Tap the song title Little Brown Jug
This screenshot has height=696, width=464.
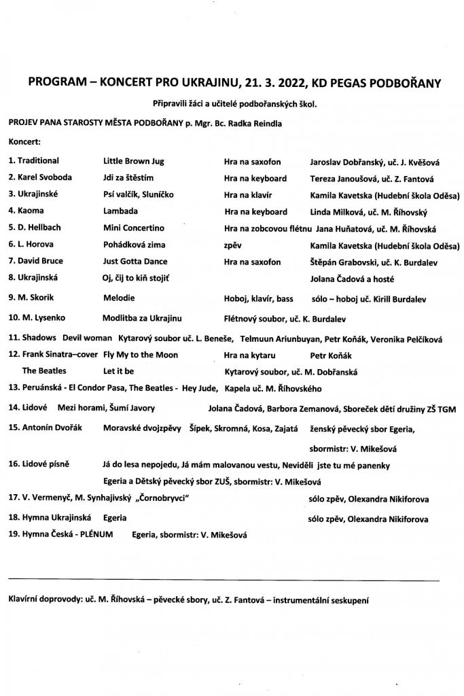[x=134, y=162]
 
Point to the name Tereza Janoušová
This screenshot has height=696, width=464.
[x=339, y=179]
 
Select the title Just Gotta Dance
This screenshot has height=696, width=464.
[x=135, y=262]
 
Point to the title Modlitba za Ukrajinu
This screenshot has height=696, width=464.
[x=142, y=317]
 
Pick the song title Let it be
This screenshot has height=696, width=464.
[x=118, y=372]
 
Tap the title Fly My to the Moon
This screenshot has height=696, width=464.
[x=141, y=355]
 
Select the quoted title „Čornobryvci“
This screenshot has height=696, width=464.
[x=162, y=499]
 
